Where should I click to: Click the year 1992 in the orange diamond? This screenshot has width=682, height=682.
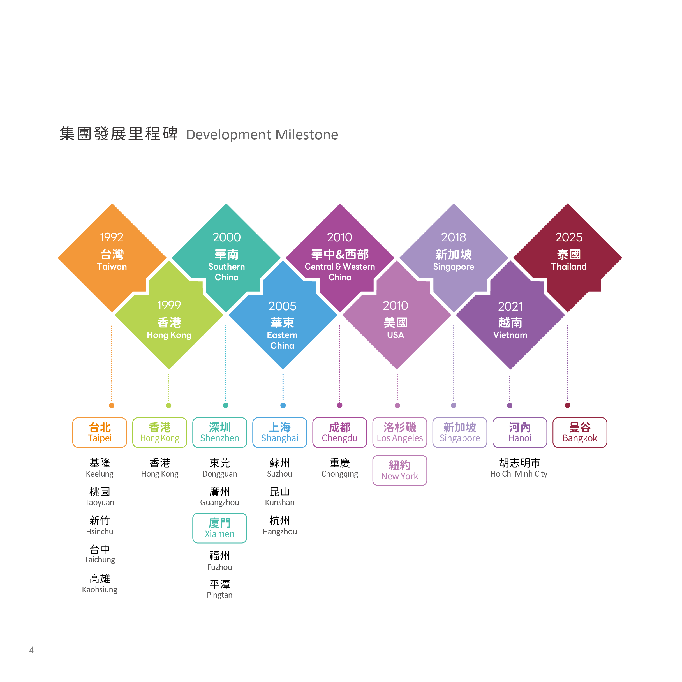(112, 237)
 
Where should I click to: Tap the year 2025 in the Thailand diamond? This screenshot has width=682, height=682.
(569, 237)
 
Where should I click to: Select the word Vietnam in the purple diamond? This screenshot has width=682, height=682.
(510, 335)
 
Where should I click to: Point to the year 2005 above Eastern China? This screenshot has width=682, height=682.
(282, 306)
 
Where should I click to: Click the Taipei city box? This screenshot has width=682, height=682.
(100, 433)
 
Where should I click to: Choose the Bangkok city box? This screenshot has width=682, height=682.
(580, 433)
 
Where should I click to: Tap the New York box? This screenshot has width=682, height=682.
(400, 470)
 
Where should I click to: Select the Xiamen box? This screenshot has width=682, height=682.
(219, 528)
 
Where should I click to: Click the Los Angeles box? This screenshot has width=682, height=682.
(400, 433)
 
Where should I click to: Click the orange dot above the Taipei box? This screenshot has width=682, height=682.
(112, 405)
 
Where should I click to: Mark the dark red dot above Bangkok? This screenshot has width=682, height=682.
(568, 405)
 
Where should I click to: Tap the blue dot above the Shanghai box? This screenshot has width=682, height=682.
(283, 405)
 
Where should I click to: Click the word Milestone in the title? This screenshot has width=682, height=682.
(307, 135)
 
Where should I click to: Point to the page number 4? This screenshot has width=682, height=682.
(31, 650)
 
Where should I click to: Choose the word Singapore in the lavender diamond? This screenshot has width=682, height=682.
(454, 267)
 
